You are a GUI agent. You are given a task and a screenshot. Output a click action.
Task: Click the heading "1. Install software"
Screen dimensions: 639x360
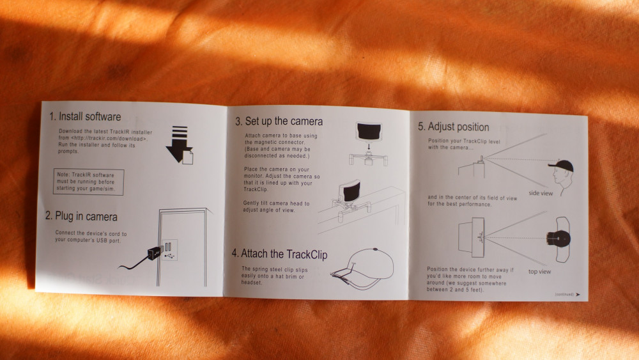(85, 116)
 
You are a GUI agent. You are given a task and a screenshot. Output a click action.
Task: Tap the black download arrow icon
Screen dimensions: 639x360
(180, 145)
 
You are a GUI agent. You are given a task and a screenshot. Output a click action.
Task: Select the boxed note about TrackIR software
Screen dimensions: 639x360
(88, 182)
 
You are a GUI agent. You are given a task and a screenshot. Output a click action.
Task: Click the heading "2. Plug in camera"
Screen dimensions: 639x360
(81, 216)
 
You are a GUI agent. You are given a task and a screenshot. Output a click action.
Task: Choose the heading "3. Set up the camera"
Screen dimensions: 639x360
(279, 121)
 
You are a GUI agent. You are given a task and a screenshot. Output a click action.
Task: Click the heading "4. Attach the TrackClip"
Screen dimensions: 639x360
(280, 254)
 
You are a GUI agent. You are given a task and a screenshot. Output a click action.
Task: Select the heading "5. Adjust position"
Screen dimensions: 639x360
(453, 127)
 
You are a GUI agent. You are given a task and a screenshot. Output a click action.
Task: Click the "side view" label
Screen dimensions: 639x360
(541, 193)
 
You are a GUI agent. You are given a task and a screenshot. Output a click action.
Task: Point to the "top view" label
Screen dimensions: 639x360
(539, 272)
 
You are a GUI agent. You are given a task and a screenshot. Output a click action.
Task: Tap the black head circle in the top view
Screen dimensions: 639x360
(558, 239)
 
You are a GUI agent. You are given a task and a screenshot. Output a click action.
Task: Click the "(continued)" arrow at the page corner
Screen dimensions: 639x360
(578, 294)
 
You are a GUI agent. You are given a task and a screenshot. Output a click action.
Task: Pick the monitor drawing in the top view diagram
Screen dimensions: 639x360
(472, 237)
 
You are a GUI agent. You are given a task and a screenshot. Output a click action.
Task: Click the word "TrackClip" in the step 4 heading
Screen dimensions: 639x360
(306, 254)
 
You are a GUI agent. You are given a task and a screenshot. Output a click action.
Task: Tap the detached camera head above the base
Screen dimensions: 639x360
(369, 131)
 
